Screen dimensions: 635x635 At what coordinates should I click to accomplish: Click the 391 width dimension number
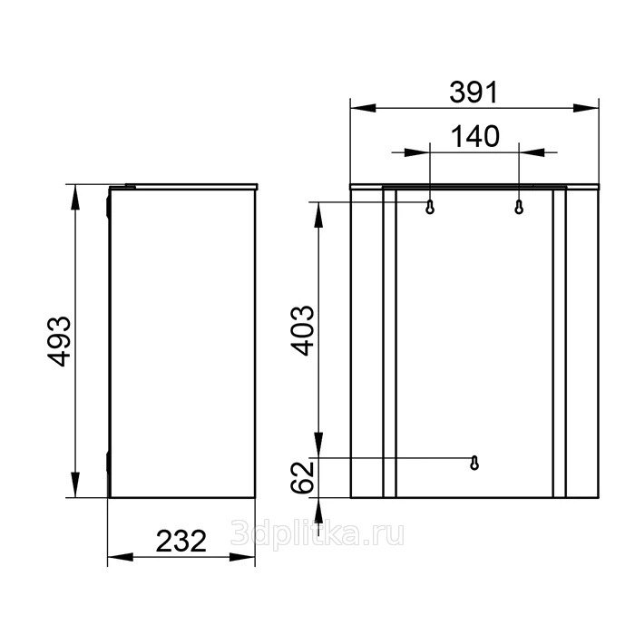[x=473, y=93]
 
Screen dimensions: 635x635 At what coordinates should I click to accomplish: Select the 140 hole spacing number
[x=474, y=136]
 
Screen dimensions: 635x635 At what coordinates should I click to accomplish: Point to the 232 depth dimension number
[x=181, y=541]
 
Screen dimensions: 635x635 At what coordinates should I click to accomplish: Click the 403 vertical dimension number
[x=303, y=330]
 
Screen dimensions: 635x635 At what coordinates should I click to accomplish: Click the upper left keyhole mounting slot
[x=430, y=207]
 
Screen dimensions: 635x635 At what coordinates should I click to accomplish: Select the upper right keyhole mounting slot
[x=519, y=207]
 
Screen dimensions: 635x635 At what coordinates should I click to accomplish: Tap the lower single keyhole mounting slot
[x=474, y=463]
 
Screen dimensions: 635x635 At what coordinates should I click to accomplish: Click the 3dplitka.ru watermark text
[x=317, y=534]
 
